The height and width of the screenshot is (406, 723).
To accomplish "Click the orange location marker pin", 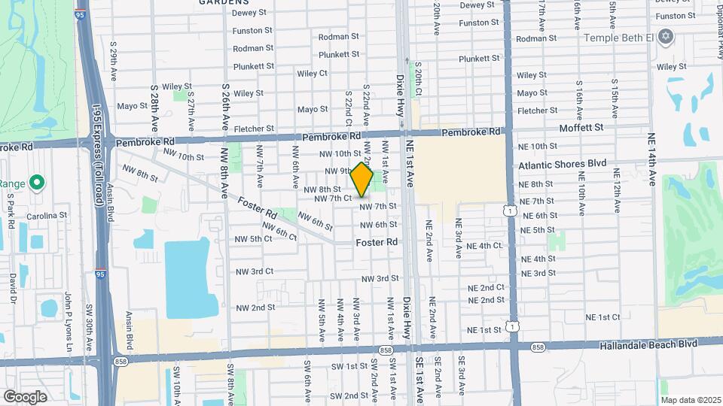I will pyautogui.click(x=361, y=180).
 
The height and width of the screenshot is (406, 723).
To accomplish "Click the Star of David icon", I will pyautogui.click(x=664, y=36).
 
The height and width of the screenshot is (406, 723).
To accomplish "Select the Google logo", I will pyautogui.click(x=25, y=396).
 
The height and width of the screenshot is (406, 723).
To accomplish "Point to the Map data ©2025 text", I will pyautogui.click(x=691, y=398).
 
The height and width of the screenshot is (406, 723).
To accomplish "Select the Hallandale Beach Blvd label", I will pyautogui.click(x=650, y=344).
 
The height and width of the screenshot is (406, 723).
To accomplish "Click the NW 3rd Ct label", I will pyautogui.click(x=254, y=271).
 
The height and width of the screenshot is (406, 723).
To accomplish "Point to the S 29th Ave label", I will pyautogui.click(x=113, y=62).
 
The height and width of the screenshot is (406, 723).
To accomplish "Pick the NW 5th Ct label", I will pyautogui.click(x=253, y=239).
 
